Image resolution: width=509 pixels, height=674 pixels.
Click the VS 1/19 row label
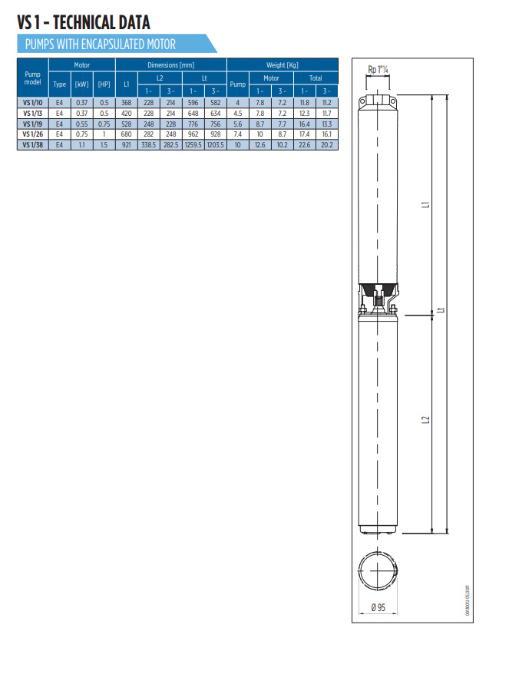(x=32, y=124)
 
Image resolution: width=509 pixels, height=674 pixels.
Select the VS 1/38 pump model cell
(x=32, y=144)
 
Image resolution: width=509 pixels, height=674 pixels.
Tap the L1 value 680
(x=127, y=134)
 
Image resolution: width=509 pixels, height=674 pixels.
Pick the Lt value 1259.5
(x=193, y=144)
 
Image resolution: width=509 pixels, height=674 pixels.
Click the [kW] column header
(x=81, y=84)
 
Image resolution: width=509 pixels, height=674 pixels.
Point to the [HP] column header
(x=104, y=84)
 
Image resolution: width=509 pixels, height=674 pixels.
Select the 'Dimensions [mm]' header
(x=170, y=65)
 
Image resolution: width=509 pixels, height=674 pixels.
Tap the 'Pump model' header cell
(x=32, y=78)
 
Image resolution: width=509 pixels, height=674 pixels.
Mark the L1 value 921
(x=127, y=144)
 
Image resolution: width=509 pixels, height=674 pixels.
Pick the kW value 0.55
(x=81, y=124)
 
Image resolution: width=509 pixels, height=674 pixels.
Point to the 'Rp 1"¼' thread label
(x=379, y=70)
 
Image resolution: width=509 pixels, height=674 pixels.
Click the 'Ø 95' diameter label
(x=378, y=607)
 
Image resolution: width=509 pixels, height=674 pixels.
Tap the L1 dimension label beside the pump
(x=425, y=205)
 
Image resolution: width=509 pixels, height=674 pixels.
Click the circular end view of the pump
(x=378, y=572)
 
